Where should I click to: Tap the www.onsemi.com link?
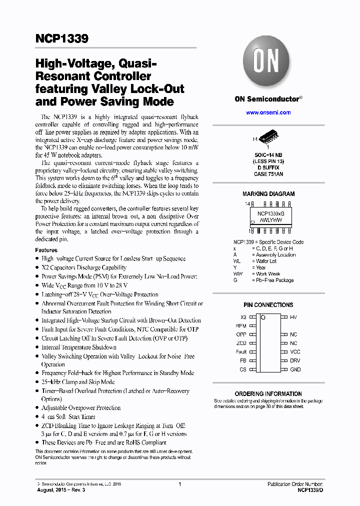click(x=268, y=112)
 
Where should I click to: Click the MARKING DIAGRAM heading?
click(x=268, y=194)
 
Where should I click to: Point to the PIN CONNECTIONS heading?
click(x=268, y=305)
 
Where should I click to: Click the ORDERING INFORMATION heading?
click(x=268, y=394)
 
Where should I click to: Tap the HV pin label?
click(x=294, y=317)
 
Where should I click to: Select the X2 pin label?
click(x=243, y=317)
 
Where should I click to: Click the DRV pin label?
click(x=295, y=360)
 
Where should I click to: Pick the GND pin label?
click(x=295, y=369)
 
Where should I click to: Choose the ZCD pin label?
click(x=241, y=343)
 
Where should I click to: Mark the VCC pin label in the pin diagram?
click(x=295, y=352)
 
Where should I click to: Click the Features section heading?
click(x=46, y=250)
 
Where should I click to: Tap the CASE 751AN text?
click(x=268, y=173)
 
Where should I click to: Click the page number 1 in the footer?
click(x=179, y=484)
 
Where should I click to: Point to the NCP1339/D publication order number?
click(x=306, y=490)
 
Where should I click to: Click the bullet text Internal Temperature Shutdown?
click(x=79, y=347)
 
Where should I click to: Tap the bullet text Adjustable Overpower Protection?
click(x=81, y=408)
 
